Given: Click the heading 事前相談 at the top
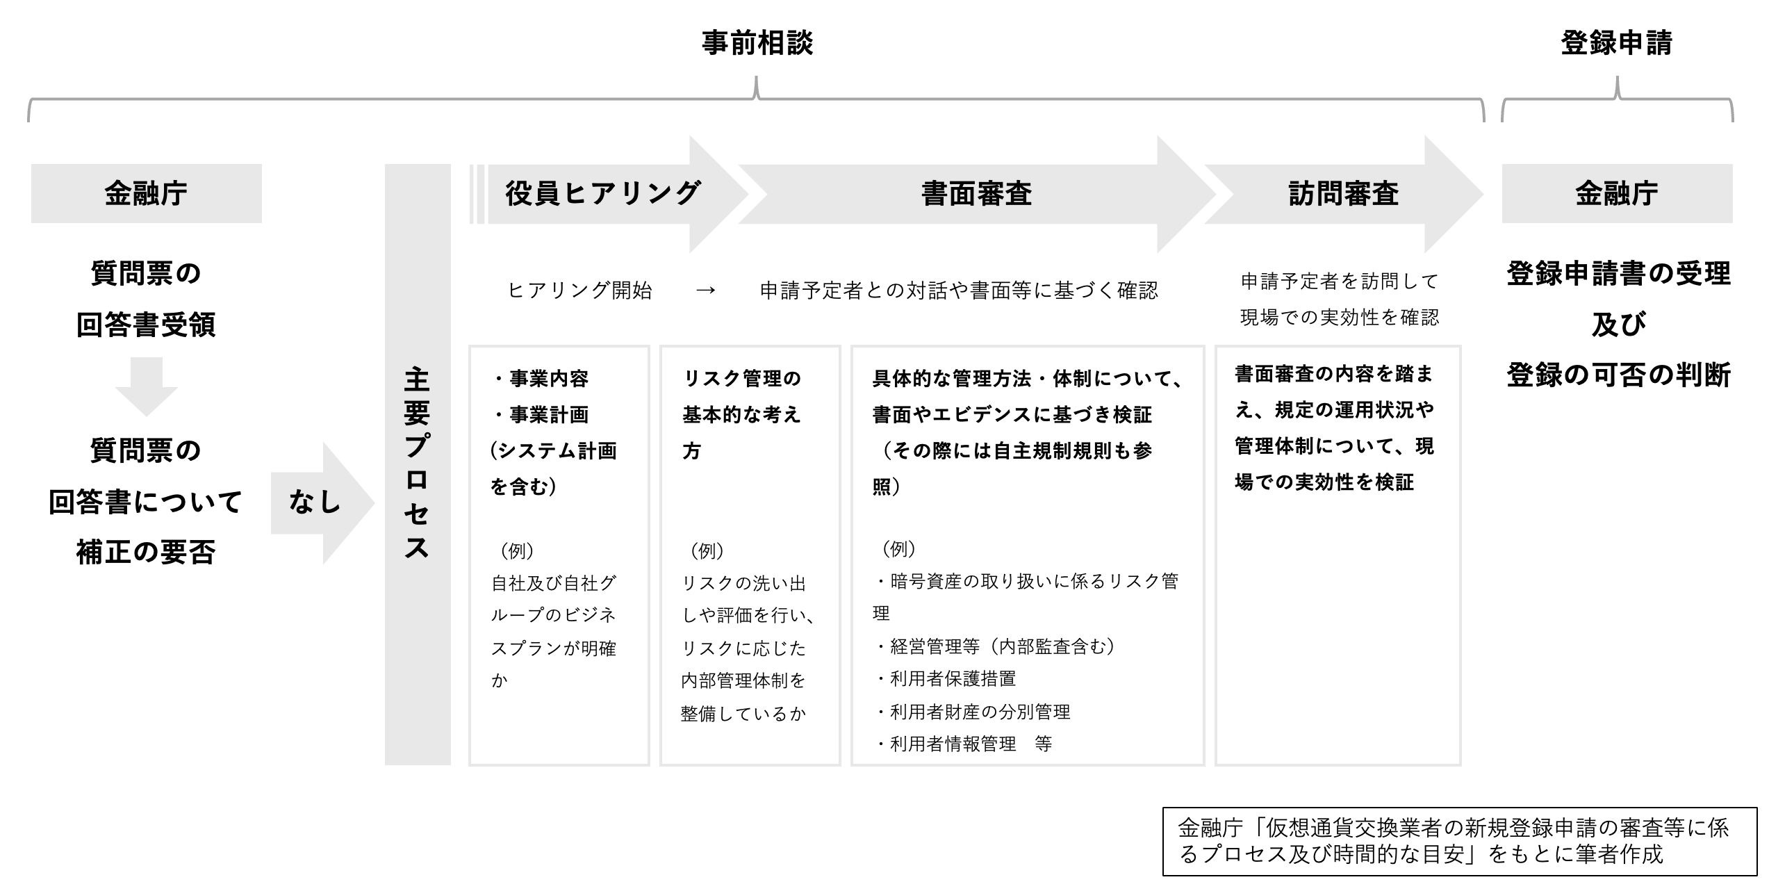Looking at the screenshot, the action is [757, 43].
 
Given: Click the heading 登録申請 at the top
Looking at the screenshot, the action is [1616, 43].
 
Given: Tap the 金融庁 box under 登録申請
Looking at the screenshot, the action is [1617, 193].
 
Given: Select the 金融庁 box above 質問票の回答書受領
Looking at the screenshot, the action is [146, 193].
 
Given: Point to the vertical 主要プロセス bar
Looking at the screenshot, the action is [418, 464].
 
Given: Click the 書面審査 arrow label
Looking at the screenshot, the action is [976, 193].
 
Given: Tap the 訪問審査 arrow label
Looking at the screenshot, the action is [1343, 193].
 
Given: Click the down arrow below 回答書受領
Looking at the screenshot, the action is [147, 386].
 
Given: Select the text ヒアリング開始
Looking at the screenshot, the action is [580, 290].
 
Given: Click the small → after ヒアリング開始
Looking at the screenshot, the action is [705, 290].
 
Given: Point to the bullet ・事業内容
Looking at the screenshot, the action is [540, 379].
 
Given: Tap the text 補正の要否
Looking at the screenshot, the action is [146, 553].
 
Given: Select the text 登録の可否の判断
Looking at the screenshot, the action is [1618, 375].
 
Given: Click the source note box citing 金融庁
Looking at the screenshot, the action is [1460, 842].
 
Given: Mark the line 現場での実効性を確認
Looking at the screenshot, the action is [1340, 318].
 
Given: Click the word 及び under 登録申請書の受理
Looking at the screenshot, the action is [1618, 325].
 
